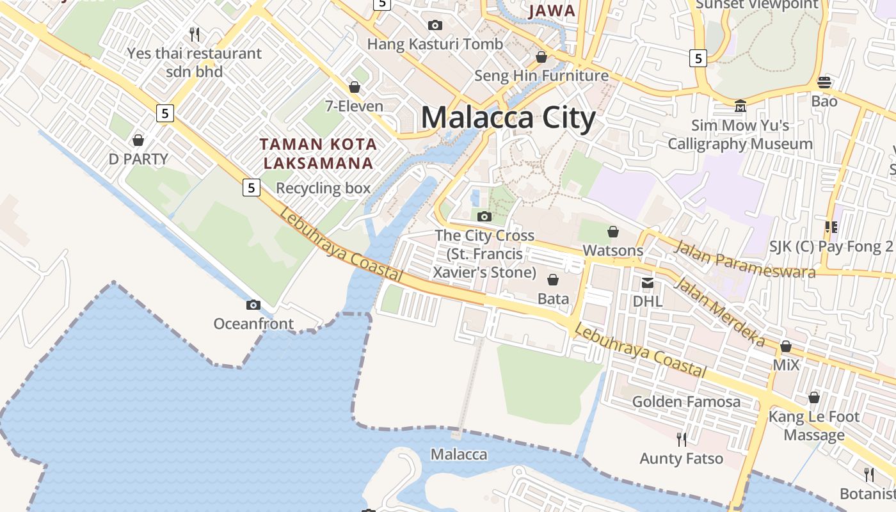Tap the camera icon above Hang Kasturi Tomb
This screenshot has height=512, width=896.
pos(435,26)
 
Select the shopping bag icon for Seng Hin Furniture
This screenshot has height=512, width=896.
pos(541,58)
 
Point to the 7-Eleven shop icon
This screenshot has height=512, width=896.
pos(354,87)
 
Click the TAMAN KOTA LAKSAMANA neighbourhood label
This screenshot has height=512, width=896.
pos(318,154)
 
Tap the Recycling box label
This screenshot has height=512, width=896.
pos(323,188)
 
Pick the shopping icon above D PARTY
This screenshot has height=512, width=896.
pos(138,140)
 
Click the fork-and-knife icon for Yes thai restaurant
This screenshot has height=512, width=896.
pos(195,33)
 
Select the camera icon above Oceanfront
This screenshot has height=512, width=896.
pos(253,305)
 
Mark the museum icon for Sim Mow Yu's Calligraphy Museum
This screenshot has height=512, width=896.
pos(740,106)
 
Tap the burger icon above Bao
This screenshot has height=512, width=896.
pos(824,82)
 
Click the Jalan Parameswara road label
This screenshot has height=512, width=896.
pos(745,259)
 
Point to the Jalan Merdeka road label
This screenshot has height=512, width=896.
pos(719,312)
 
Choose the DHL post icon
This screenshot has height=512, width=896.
pos(648,282)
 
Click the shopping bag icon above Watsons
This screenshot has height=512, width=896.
pos(613,232)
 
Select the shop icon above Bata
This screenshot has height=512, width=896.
pos(553,280)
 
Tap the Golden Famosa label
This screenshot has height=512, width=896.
pos(686,402)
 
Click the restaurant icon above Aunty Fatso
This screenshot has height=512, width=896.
pos(682,439)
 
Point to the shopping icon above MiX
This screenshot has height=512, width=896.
pos(786,347)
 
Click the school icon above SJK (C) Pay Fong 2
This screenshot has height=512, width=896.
pos(831,227)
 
